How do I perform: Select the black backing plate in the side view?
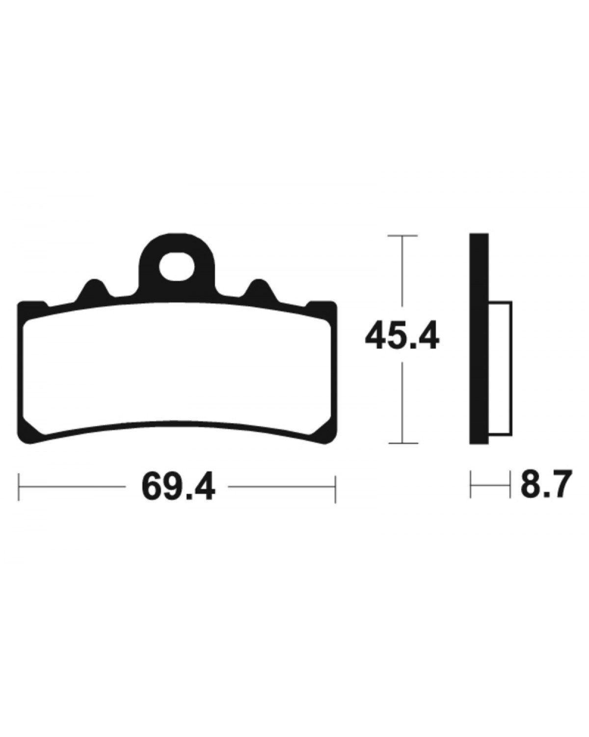click(479, 339)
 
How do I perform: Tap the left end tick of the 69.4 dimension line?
click(19, 486)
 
